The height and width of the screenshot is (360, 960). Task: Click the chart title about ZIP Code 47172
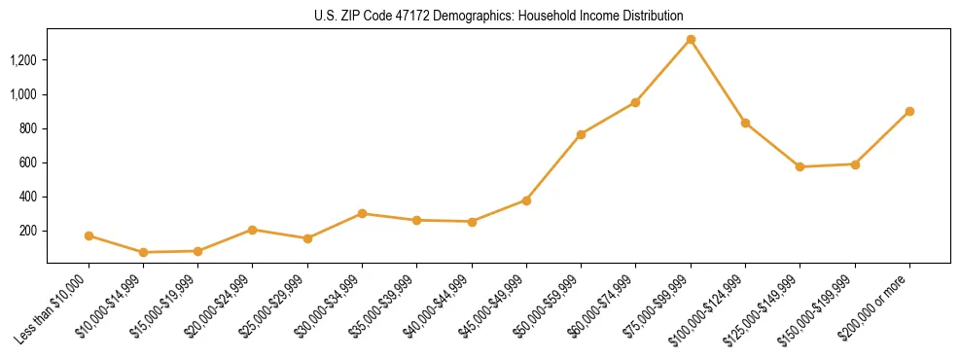pyautogui.click(x=499, y=17)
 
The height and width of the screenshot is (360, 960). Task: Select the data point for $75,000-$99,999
pyautogui.click(x=691, y=40)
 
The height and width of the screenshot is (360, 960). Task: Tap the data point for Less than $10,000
pyautogui.click(x=89, y=235)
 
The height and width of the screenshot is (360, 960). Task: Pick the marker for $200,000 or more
pyautogui.click(x=909, y=111)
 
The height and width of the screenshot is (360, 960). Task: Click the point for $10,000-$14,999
pyautogui.click(x=143, y=252)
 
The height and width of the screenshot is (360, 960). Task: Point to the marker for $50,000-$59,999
pyautogui.click(x=581, y=134)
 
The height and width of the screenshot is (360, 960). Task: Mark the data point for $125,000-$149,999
pyautogui.click(x=800, y=166)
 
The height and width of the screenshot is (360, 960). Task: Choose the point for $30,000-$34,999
pyautogui.click(x=362, y=213)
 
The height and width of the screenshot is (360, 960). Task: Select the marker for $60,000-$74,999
pyautogui.click(x=635, y=102)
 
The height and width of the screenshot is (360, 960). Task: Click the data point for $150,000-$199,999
pyautogui.click(x=855, y=164)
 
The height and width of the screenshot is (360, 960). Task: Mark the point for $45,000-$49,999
pyautogui.click(x=526, y=200)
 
